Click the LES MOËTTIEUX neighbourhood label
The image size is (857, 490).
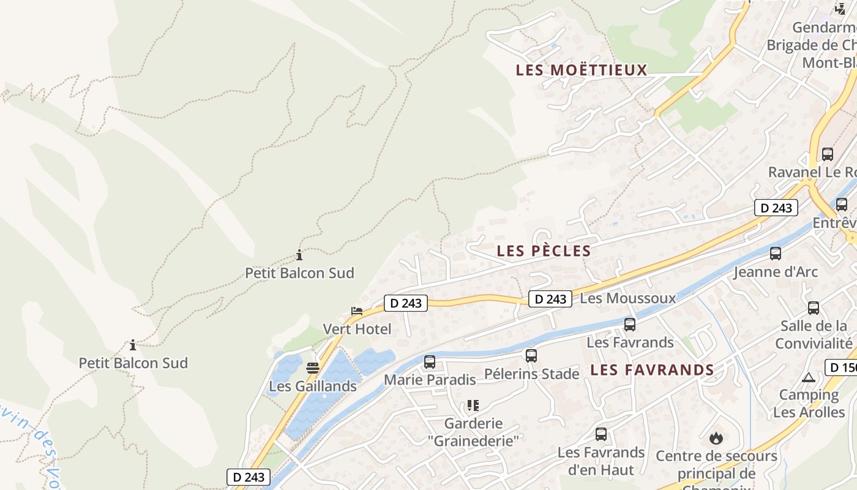pyautogui.click(x=582, y=70)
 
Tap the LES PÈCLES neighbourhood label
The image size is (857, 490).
pyautogui.click(x=544, y=251)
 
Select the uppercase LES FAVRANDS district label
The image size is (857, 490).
pyautogui.click(x=652, y=370)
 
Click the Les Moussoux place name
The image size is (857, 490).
pyautogui.click(x=627, y=298)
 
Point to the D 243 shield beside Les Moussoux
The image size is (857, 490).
pyautogui.click(x=550, y=299)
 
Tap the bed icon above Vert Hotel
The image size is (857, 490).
pyautogui.click(x=357, y=311)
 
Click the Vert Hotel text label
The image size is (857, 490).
pyautogui.click(x=357, y=329)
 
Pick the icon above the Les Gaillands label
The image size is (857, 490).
pyautogui.click(x=313, y=368)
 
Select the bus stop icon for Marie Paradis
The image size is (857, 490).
pyautogui.click(x=430, y=362)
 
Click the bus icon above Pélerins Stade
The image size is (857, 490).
pyautogui.click(x=531, y=355)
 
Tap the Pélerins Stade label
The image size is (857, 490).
pyautogui.click(x=531, y=374)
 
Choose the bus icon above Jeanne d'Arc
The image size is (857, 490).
pyautogui.click(x=776, y=253)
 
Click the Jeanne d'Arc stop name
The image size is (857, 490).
pyautogui.click(x=776, y=272)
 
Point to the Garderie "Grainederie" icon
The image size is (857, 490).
pyautogui.click(x=473, y=405)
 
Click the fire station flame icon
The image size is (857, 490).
pyautogui.click(x=716, y=438)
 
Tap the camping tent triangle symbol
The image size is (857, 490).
pyautogui.click(x=808, y=377)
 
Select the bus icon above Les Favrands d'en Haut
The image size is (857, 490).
pyautogui.click(x=601, y=434)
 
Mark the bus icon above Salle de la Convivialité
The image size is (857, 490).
pyautogui.click(x=814, y=308)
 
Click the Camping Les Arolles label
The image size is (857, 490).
pyautogui.click(x=809, y=404)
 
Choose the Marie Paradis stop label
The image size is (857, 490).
pyautogui.click(x=430, y=380)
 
